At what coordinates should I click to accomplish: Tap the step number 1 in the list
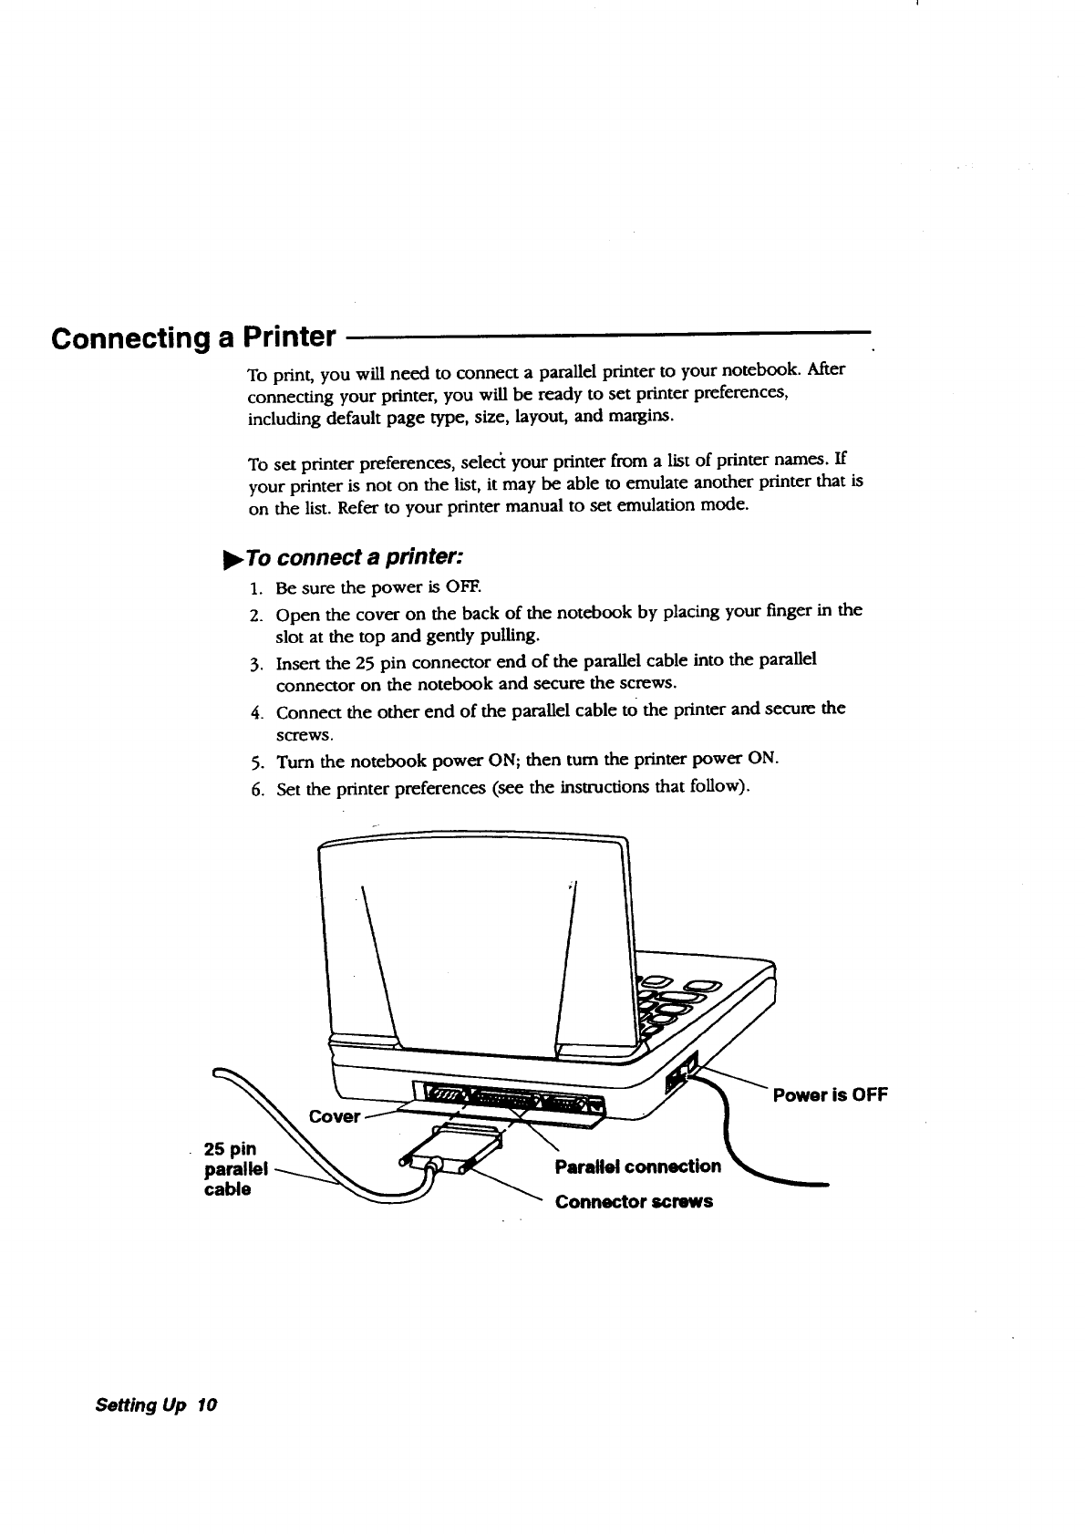click(x=255, y=585)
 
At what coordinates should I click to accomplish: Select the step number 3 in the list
click(x=256, y=660)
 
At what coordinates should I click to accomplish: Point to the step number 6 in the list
click(x=256, y=789)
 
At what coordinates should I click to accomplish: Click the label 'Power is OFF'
click(x=829, y=1094)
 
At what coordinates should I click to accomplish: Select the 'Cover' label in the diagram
click(x=334, y=1116)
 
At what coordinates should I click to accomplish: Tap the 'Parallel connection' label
click(x=637, y=1166)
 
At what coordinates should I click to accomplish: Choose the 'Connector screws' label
click(x=634, y=1201)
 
